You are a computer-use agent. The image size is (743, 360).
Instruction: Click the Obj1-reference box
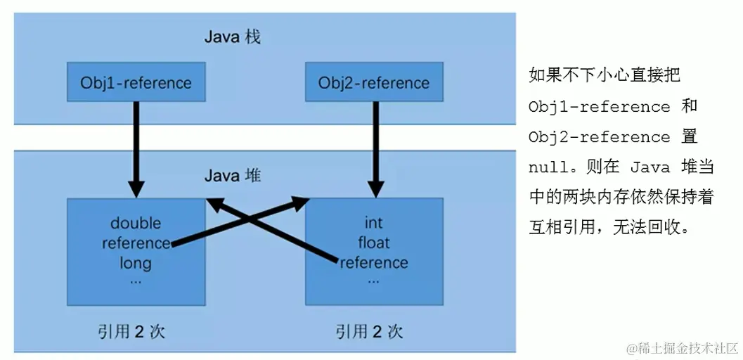click(136, 83)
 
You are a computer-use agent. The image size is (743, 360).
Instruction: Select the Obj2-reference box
click(373, 83)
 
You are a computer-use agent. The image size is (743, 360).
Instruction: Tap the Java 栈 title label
click(232, 37)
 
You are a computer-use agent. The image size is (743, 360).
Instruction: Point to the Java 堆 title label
click(232, 174)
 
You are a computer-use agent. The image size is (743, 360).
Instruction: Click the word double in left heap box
click(136, 224)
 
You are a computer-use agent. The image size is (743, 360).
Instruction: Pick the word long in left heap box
click(136, 264)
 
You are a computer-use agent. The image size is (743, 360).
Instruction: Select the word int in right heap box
click(373, 224)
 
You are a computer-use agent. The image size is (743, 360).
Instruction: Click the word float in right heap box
click(373, 243)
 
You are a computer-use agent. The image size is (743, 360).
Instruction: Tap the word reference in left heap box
click(136, 243)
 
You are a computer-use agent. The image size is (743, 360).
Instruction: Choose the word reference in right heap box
click(373, 263)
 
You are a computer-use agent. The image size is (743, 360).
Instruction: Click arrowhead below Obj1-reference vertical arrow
click(136, 188)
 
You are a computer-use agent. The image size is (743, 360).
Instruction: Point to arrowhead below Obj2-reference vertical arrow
click(373, 188)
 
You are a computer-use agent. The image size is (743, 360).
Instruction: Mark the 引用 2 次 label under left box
click(131, 331)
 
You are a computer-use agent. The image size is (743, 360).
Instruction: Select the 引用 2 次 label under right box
click(370, 331)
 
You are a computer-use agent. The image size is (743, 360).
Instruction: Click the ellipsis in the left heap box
click(136, 281)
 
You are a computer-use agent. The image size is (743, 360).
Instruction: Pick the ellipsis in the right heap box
click(373, 281)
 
